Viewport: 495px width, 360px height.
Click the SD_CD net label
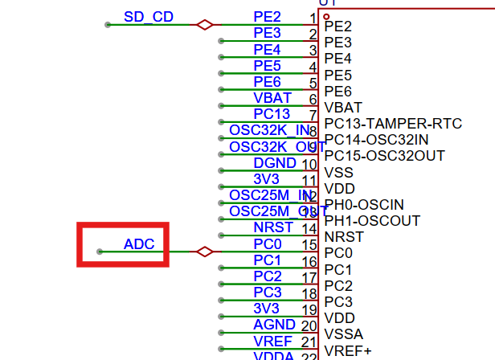(x=148, y=17)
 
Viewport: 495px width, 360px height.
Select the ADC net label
(x=139, y=243)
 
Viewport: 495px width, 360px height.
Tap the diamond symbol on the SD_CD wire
(x=205, y=25)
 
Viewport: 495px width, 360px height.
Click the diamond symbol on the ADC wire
(x=205, y=252)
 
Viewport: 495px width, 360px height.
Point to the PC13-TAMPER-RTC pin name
(x=393, y=124)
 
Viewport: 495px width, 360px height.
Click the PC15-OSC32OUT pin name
(x=384, y=156)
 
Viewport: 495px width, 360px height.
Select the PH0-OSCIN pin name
(x=364, y=205)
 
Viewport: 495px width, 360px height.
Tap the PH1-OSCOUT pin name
(x=372, y=221)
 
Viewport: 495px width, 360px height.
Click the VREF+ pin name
(x=347, y=350)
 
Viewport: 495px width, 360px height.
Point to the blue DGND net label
(x=275, y=163)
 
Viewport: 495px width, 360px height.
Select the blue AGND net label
(x=275, y=325)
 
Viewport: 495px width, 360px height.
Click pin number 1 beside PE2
(x=312, y=18)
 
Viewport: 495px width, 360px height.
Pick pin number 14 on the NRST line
(x=309, y=228)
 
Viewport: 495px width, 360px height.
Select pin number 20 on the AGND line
(x=309, y=325)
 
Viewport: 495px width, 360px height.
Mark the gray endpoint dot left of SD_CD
(x=108, y=25)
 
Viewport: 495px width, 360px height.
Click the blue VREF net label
(x=272, y=341)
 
